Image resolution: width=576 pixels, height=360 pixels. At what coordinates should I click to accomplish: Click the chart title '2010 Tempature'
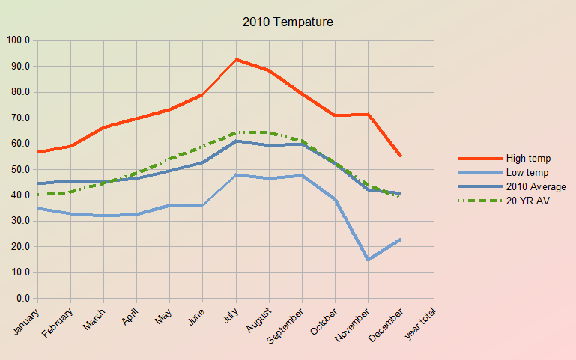(x=288, y=22)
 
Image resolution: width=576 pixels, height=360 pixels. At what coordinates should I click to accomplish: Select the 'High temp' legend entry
(x=528, y=158)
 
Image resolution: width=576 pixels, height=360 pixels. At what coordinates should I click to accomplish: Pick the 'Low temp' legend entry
(x=527, y=172)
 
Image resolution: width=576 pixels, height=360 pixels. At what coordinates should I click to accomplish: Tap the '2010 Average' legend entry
(x=536, y=186)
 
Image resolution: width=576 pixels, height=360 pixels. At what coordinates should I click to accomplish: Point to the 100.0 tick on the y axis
(x=18, y=40)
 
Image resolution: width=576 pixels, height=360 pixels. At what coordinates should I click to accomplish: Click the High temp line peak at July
(x=236, y=59)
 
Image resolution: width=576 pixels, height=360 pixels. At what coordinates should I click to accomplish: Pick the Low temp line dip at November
(x=369, y=260)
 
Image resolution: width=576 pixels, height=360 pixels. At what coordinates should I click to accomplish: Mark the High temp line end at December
(x=401, y=156)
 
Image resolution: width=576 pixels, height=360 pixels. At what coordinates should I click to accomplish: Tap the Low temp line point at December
(x=401, y=240)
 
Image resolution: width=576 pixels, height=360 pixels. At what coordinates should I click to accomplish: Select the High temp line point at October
(x=336, y=115)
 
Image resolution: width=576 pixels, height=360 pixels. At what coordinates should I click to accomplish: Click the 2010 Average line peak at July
(x=236, y=141)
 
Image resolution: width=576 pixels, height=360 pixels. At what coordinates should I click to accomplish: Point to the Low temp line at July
(x=236, y=174)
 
